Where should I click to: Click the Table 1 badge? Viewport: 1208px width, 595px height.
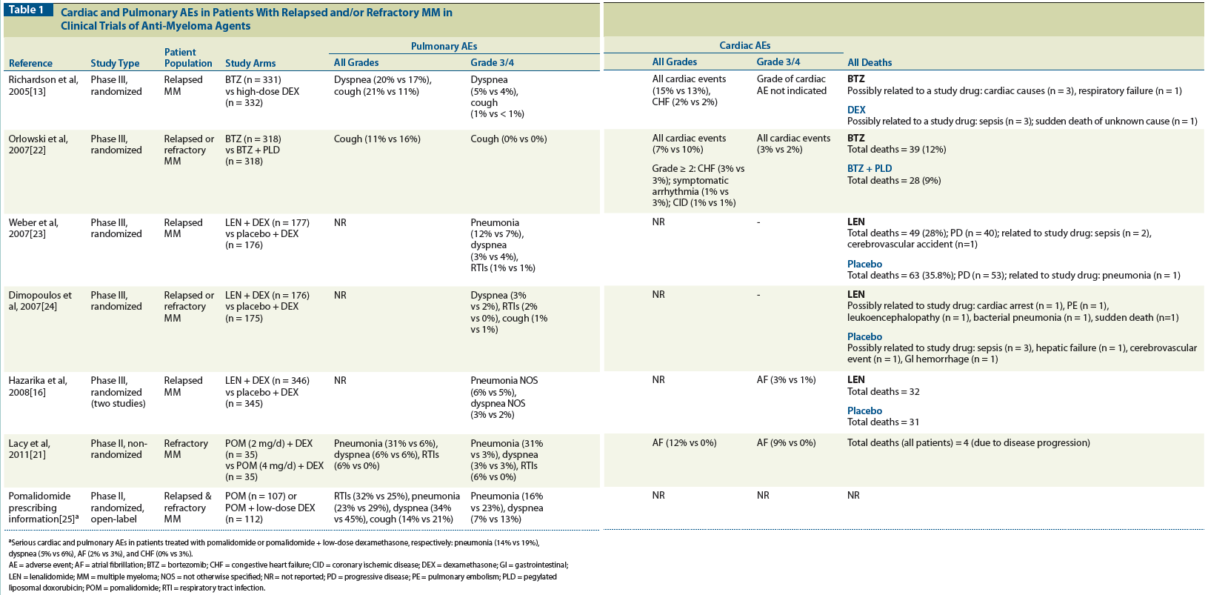(x=27, y=10)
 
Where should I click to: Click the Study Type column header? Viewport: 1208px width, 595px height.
(x=115, y=63)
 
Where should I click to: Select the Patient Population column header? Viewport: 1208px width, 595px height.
(x=188, y=58)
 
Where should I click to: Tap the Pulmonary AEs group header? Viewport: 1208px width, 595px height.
(x=444, y=46)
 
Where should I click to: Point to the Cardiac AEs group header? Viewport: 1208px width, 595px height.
(x=744, y=45)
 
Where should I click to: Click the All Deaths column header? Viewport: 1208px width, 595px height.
(x=870, y=62)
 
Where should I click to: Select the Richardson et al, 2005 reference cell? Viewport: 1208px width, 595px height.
(x=43, y=85)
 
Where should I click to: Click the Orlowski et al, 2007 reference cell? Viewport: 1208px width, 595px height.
(x=38, y=144)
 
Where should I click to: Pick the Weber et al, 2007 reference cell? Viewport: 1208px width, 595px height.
(x=33, y=227)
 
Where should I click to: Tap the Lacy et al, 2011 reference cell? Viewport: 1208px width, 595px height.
(x=30, y=448)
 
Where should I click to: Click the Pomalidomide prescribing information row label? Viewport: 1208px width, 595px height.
(x=42, y=508)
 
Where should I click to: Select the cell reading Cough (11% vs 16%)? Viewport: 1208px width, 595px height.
(x=377, y=139)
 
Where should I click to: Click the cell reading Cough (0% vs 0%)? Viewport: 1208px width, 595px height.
(x=508, y=139)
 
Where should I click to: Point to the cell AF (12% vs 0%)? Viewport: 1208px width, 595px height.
(x=684, y=442)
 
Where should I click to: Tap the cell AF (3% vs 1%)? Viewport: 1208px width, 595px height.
(x=786, y=379)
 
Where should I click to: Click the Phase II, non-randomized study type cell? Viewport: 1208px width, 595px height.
(x=119, y=448)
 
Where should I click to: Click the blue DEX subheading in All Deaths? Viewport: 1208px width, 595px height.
(x=856, y=110)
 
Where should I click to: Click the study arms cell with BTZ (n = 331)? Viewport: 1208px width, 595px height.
(x=262, y=90)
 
